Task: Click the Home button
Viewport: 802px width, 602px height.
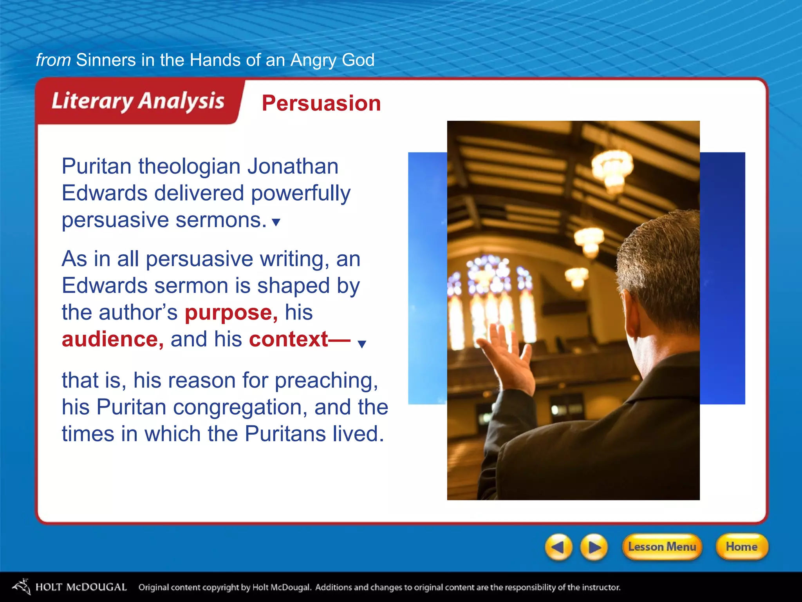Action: click(x=741, y=546)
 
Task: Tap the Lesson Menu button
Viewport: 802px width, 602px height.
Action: click(x=662, y=546)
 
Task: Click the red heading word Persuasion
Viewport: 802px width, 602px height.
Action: click(x=321, y=103)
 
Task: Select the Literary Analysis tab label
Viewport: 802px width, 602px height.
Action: click(x=138, y=101)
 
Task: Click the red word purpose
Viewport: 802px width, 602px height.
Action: click(x=231, y=313)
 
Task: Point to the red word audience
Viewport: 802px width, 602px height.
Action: click(x=112, y=339)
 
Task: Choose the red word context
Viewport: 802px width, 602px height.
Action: click(x=289, y=339)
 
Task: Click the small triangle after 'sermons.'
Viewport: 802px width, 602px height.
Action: click(x=276, y=222)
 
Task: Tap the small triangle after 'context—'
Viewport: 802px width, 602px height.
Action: click(x=362, y=344)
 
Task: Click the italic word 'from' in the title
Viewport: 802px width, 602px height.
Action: click(x=53, y=60)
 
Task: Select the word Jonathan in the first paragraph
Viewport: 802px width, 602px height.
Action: click(x=293, y=166)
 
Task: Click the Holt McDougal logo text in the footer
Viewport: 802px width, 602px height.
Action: click(x=81, y=587)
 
